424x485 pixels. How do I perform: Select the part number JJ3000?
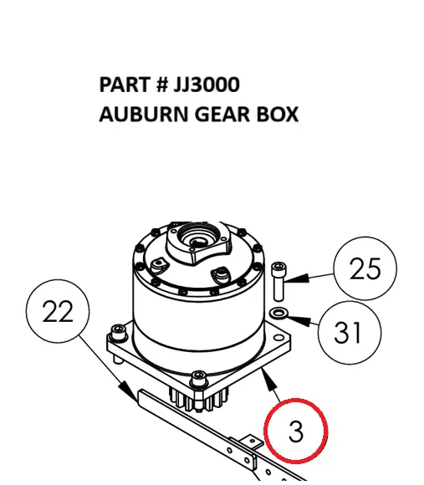coord(207,84)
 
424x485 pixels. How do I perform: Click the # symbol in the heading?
coord(161,84)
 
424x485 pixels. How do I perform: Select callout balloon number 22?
coord(58,311)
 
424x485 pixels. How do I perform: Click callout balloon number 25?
coord(365,268)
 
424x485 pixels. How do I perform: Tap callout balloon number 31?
coord(350,333)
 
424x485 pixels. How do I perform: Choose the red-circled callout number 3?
coord(296,431)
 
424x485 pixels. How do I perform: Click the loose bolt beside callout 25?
coord(278,282)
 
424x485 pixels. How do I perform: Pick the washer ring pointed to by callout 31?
coord(278,313)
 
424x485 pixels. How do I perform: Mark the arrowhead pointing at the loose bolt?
coord(298,278)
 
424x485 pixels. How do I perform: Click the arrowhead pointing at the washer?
coord(299,320)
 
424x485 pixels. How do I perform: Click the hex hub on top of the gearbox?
coord(198,244)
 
